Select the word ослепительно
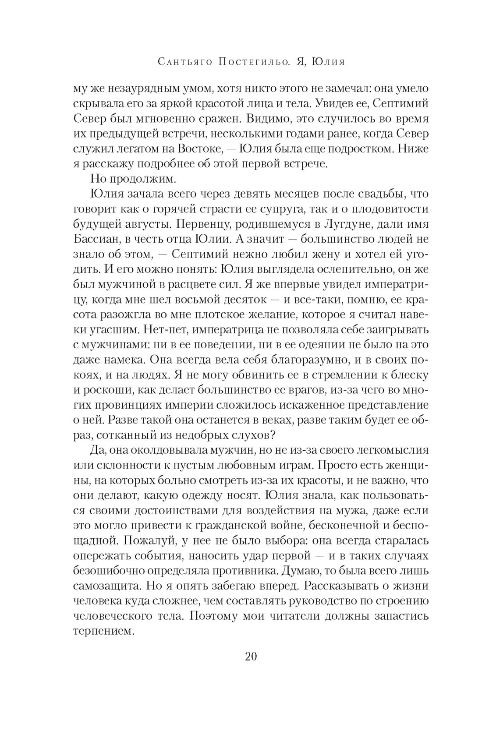pos(355,269)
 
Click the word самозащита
pos(107,586)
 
